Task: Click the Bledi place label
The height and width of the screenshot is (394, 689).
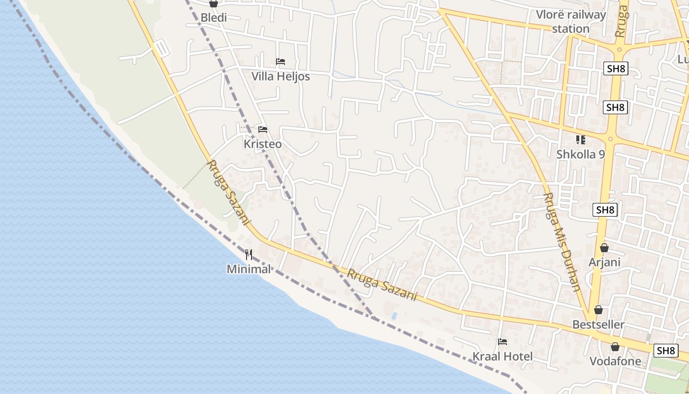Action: (214, 18)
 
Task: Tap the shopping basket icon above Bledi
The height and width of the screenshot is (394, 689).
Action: (213, 4)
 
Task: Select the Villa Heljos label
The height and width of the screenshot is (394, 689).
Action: (281, 76)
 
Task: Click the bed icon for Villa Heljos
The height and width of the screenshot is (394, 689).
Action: (281, 62)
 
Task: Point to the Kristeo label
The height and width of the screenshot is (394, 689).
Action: (263, 144)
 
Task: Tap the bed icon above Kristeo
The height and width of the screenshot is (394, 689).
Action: (263, 130)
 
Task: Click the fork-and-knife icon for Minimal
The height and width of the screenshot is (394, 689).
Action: (249, 255)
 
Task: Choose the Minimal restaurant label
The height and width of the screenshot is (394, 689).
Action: (249, 269)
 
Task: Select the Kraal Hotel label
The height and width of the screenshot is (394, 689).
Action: (502, 356)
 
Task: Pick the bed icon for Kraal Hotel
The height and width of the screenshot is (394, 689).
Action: (502, 341)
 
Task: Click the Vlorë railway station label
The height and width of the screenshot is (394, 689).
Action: (571, 22)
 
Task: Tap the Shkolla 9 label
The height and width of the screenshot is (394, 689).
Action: (581, 154)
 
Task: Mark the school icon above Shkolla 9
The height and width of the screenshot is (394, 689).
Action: (581, 140)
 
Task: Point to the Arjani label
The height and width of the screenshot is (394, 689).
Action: (604, 262)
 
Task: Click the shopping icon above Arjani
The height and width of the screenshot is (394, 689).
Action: (604, 248)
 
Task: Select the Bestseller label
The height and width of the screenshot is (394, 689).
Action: (598, 325)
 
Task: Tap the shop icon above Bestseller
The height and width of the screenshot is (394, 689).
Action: (598, 310)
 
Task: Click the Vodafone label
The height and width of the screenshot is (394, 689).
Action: (616, 361)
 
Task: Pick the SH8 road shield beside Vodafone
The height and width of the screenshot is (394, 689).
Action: (666, 351)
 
